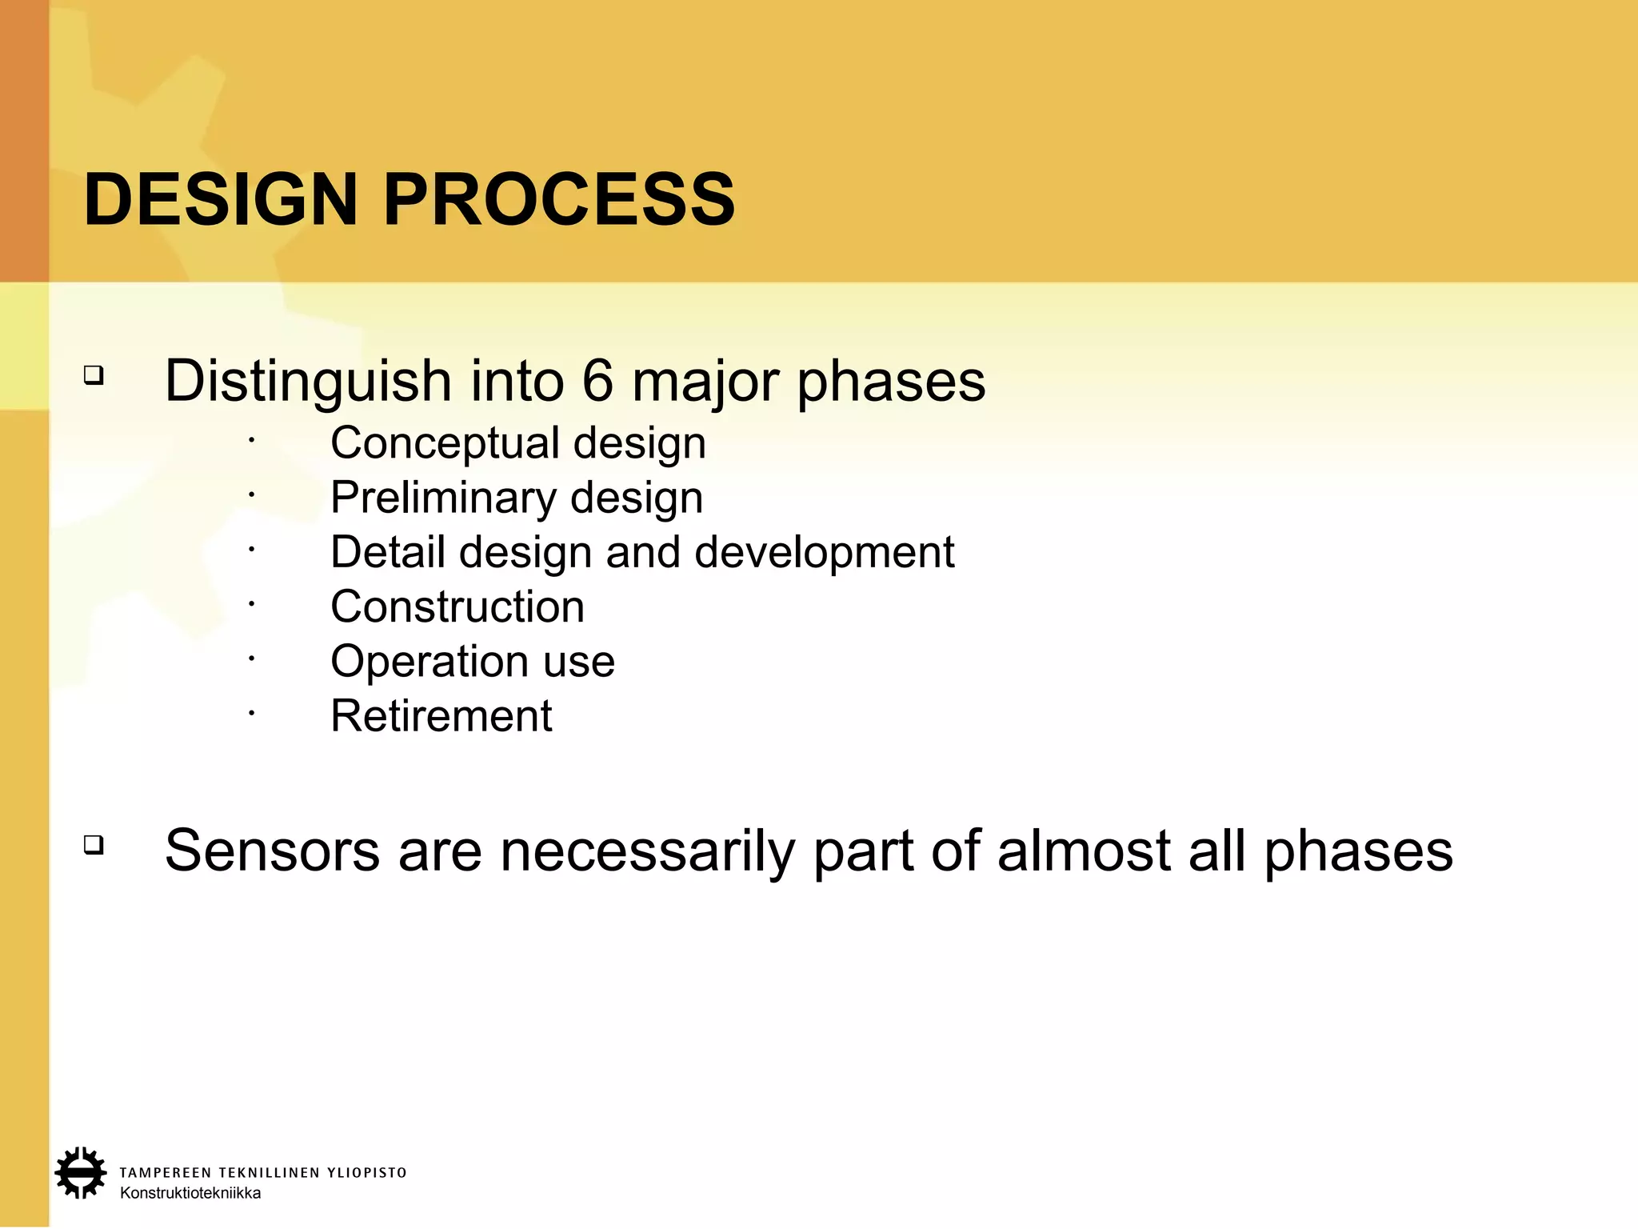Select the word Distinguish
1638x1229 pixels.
click(308, 382)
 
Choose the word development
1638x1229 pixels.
click(824, 553)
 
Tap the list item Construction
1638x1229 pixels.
click(457, 606)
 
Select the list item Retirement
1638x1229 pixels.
click(441, 715)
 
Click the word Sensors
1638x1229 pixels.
click(272, 851)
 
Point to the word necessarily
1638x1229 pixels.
click(647, 851)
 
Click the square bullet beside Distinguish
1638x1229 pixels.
click(94, 374)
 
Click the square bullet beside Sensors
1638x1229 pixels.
click(94, 844)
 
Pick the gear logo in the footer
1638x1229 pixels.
click(80, 1173)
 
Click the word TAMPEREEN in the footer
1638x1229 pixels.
click(166, 1173)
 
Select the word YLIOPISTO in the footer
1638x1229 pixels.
click(367, 1173)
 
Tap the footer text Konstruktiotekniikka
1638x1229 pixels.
click(190, 1193)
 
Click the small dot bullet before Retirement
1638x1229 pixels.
click(250, 711)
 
